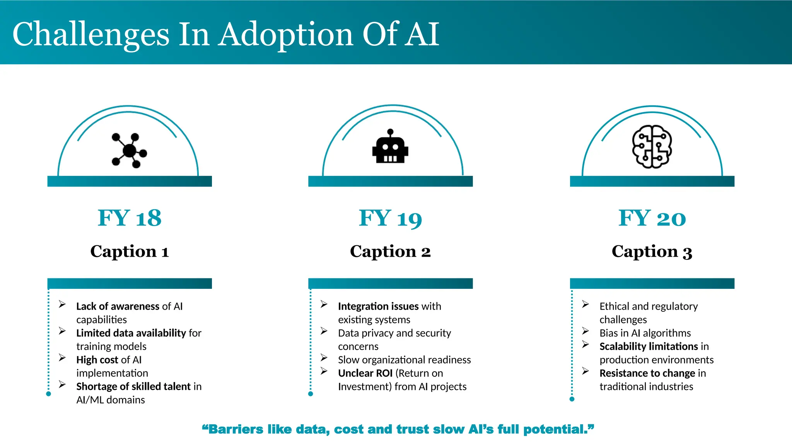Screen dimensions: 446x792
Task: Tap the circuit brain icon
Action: click(652, 147)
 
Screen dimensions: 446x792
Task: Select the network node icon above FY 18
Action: click(129, 151)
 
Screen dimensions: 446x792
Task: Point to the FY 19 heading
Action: click(390, 218)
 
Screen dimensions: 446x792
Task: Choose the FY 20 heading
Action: click(652, 218)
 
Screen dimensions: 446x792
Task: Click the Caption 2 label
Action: click(390, 252)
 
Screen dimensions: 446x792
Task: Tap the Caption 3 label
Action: click(652, 252)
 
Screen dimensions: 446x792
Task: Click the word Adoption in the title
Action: click(286, 35)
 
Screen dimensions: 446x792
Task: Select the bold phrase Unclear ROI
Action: click(365, 373)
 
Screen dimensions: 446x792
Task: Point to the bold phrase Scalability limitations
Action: click(649, 347)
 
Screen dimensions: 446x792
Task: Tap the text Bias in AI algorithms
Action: click(645, 333)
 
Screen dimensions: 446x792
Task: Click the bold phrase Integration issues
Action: click(378, 306)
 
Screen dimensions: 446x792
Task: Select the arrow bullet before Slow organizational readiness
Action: click(324, 358)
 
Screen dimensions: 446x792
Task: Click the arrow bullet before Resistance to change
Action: click(585, 371)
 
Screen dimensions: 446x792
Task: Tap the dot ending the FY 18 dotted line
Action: click(48, 394)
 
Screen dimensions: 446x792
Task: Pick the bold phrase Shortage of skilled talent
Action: click(133, 386)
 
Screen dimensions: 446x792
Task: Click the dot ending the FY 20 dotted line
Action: click(572, 399)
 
